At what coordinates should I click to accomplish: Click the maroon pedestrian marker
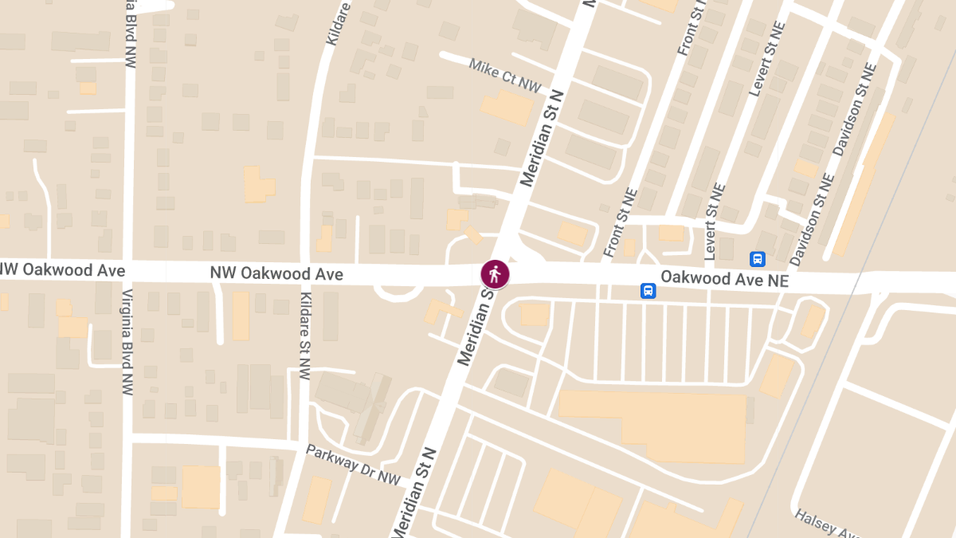click(x=495, y=274)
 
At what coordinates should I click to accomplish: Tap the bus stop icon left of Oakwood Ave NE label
click(x=648, y=291)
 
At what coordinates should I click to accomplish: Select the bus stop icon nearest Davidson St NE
click(x=757, y=259)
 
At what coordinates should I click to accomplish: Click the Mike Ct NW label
click(x=504, y=75)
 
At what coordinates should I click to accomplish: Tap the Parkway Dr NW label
click(x=352, y=463)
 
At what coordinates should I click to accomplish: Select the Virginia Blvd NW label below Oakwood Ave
click(x=127, y=342)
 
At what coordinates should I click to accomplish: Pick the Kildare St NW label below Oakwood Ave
click(x=304, y=336)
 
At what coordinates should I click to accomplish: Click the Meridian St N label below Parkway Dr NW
click(x=414, y=490)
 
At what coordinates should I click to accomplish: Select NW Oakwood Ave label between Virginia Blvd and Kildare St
click(x=276, y=274)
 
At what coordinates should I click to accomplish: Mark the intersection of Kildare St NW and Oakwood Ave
click(x=307, y=272)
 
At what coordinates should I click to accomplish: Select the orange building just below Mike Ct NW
click(x=507, y=108)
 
